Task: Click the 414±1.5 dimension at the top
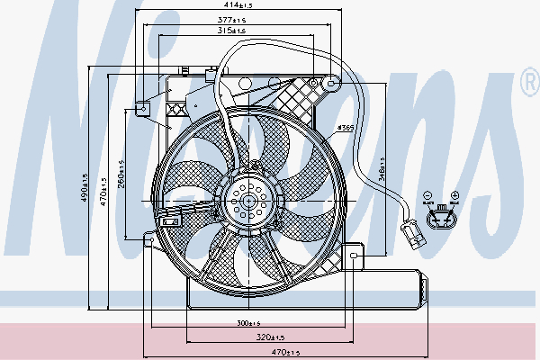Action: click(x=238, y=6)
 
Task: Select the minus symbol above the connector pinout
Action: click(x=427, y=194)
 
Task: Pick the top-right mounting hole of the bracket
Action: click(x=332, y=84)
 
